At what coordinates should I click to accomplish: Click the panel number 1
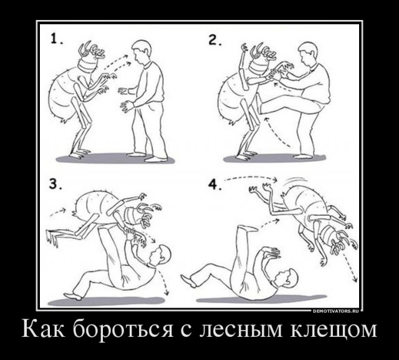coord(57,39)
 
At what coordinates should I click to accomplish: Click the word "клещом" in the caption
coord(333,329)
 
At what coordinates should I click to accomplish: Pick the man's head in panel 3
coord(160,256)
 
